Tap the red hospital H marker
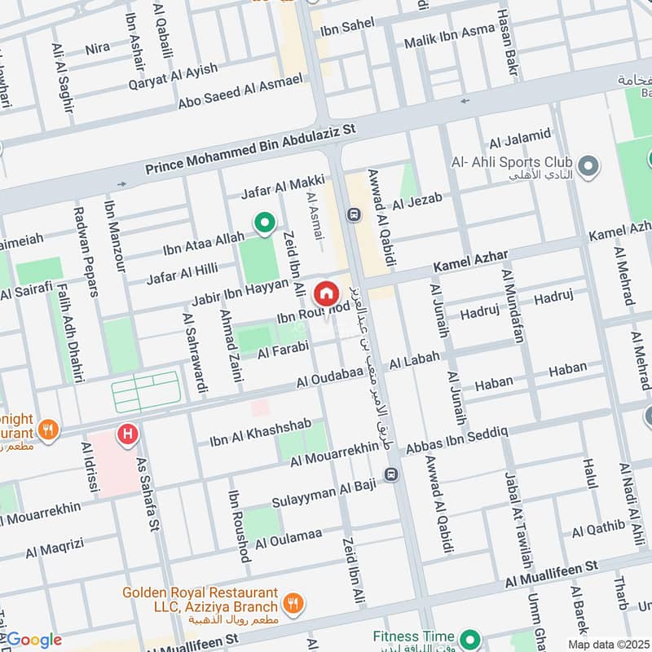pos(126,434)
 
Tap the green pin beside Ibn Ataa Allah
pos(263,222)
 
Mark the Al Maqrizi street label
pos(55,550)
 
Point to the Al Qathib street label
pos(597,529)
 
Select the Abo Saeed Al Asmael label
pos(240,93)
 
